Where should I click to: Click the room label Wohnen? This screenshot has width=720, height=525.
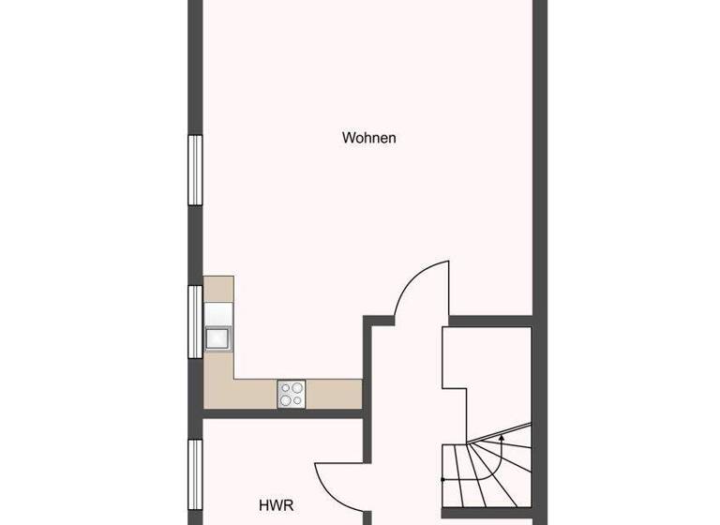click(x=368, y=138)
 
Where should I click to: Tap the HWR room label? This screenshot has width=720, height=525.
click(x=276, y=505)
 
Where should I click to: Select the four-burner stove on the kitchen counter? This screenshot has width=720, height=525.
click(x=291, y=394)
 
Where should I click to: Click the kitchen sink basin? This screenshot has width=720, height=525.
click(x=217, y=337)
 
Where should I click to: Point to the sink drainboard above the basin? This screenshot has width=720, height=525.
click(x=217, y=313)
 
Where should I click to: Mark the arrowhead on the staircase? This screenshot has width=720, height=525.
click(x=502, y=436)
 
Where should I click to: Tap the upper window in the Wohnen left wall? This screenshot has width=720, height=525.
click(x=195, y=170)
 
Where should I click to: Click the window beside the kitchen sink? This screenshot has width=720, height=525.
click(x=195, y=321)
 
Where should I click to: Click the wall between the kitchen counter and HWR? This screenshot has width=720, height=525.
click(x=281, y=413)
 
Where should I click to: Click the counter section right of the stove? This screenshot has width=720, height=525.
click(x=334, y=394)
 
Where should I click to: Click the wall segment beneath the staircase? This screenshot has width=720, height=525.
click(x=487, y=513)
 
